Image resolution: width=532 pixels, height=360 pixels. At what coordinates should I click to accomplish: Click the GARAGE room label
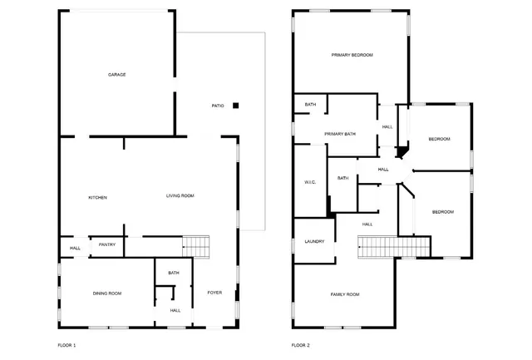pos(116,75)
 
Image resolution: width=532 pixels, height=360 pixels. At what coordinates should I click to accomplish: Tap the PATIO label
pos(218,106)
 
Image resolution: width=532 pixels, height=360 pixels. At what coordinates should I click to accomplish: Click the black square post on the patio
pos(236,106)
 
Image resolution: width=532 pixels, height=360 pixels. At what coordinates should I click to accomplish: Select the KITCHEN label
pos(98,197)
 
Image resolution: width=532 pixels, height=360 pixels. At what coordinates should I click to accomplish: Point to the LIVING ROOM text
pos(180,195)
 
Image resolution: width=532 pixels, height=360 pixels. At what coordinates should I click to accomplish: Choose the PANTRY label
pos(106,244)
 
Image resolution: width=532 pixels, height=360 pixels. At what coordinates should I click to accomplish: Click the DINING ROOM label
pos(107,293)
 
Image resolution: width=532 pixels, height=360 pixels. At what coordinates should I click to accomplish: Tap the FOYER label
pos(214,293)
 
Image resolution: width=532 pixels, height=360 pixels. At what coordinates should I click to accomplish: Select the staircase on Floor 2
pos(394,247)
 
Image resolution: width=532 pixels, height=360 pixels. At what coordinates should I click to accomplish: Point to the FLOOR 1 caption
pos(66,344)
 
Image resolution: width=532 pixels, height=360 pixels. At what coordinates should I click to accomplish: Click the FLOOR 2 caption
pos(300,344)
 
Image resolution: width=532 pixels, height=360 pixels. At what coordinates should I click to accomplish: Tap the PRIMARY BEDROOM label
pos(352,55)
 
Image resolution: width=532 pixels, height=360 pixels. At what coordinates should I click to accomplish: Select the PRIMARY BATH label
pos(340,133)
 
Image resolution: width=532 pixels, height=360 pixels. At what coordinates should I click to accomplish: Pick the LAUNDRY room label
pos(314,242)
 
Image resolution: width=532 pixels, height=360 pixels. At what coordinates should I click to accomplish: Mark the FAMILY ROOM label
pos(344,294)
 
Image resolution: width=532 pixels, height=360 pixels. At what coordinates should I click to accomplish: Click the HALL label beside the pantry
pos(74,248)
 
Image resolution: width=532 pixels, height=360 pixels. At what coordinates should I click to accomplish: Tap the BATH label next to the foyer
pos(174,273)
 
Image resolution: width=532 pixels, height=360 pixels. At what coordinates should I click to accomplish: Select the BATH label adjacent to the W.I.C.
pos(342,178)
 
